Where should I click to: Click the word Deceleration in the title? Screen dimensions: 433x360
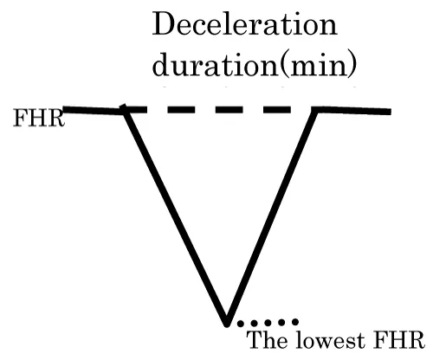tap(244, 24)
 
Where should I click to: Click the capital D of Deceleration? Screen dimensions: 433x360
tap(164, 24)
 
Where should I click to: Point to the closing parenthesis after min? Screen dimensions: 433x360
tap(352, 65)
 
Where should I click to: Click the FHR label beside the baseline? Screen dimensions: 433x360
tap(39, 118)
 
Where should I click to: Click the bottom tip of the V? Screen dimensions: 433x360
tap(227, 324)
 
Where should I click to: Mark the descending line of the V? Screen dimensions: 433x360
tap(175, 217)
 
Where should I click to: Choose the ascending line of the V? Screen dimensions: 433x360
tap(272, 217)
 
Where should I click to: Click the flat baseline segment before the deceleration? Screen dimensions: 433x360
tap(94, 111)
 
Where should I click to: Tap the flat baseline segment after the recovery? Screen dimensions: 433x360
tap(353, 111)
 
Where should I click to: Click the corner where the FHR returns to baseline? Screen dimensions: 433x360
tap(316, 110)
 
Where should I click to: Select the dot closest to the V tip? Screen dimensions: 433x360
tap(240, 324)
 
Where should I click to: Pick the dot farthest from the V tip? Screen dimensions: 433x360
tap(294, 321)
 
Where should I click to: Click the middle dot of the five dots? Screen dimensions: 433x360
tap(268, 323)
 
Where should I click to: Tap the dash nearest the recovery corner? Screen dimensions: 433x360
tap(276, 110)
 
